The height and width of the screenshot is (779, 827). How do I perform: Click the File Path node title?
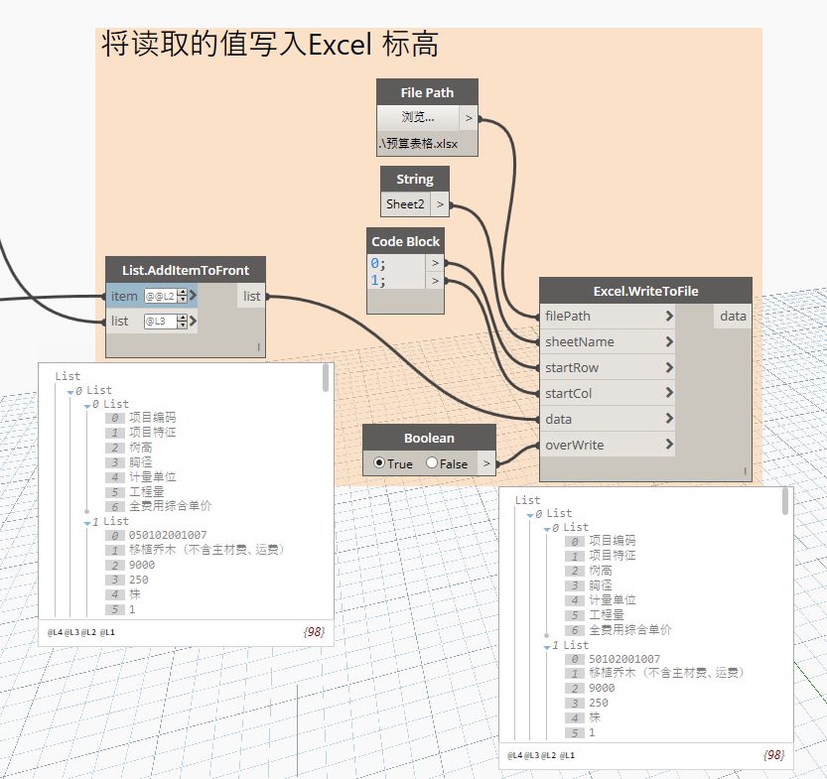427,92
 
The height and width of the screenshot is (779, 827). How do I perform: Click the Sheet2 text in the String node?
405,204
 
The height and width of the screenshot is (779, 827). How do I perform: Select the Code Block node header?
405,241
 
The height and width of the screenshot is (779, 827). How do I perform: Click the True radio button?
379,463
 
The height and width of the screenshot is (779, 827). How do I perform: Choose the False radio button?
432,463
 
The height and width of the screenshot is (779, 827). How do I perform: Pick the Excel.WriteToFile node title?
645,291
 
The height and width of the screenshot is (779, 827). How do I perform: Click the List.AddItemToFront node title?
186,270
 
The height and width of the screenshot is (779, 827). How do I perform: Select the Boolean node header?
429,438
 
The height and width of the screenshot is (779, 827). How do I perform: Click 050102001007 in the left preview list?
168,536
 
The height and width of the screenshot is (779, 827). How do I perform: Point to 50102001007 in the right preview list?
624,659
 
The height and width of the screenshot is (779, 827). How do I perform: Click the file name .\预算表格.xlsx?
418,144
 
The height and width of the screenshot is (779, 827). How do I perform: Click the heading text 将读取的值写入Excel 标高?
270,45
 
